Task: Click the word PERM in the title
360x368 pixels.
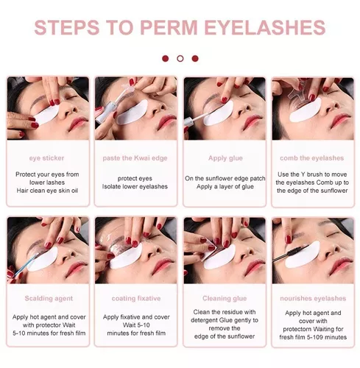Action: (169, 27)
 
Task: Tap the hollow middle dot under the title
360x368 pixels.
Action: (180, 59)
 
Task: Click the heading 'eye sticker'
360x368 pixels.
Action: (46, 158)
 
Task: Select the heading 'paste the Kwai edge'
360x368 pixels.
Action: (135, 158)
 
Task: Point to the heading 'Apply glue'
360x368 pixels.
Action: (225, 158)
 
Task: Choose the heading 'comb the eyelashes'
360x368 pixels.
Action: (312, 158)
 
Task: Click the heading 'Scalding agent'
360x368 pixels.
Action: (49, 299)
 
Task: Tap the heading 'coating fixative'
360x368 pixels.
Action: (136, 299)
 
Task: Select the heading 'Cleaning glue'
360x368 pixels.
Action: (225, 299)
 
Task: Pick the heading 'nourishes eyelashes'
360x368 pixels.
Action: (313, 299)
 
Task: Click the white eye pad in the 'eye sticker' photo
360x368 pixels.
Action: (46, 115)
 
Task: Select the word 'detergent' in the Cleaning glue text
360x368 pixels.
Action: (204, 320)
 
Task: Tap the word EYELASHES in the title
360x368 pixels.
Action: (265, 27)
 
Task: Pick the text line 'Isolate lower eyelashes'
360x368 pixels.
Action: (135, 186)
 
